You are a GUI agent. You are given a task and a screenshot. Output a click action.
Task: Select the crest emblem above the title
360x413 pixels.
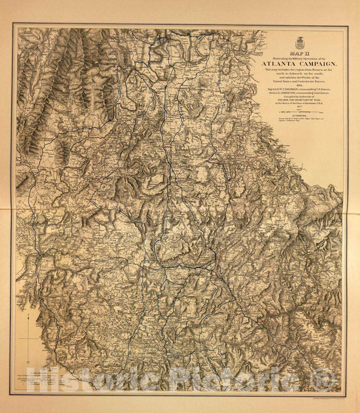point(300,43)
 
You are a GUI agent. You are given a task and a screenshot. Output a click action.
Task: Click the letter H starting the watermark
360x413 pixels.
point(28,382)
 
